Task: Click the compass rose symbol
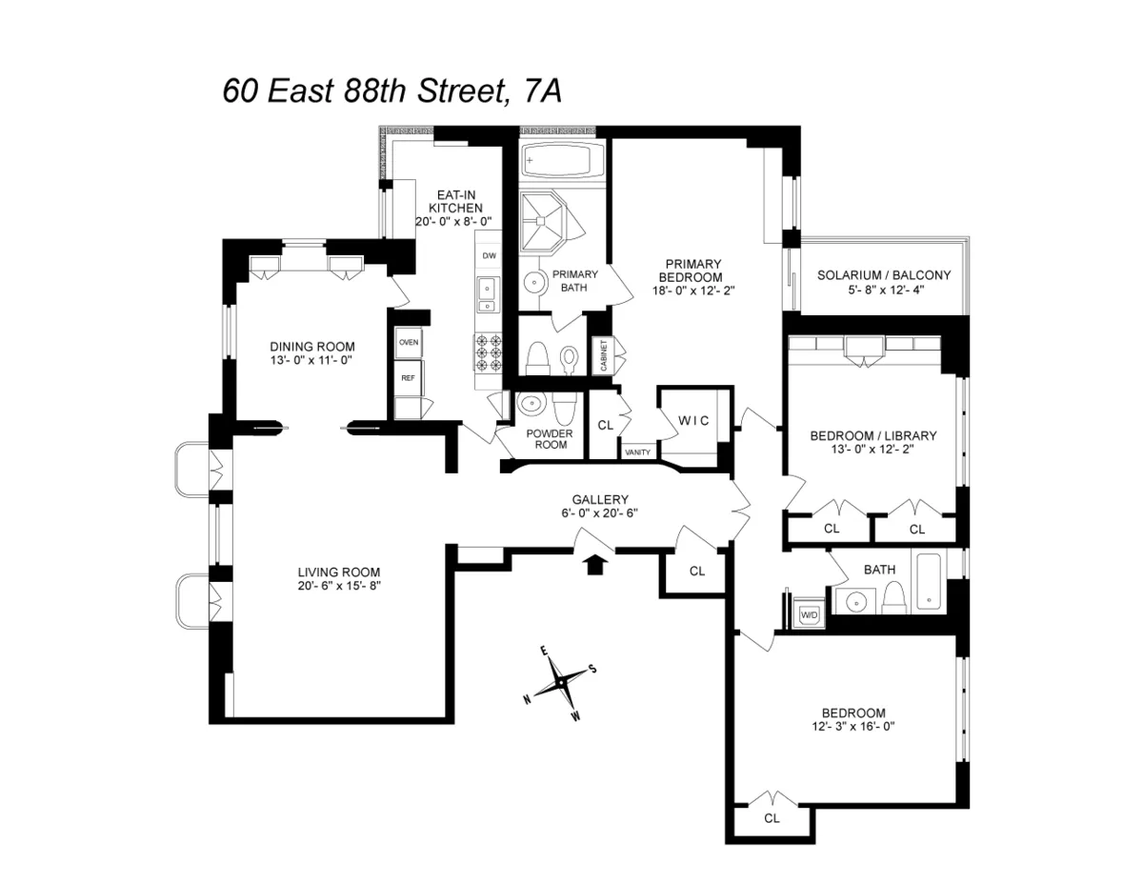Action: [561, 682]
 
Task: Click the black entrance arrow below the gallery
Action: [594, 565]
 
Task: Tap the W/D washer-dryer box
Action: [810, 614]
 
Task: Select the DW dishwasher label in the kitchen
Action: [489, 256]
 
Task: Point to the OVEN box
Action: [409, 341]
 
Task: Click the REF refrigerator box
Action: [408, 377]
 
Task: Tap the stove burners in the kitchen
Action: [488, 351]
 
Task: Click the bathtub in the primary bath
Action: [563, 159]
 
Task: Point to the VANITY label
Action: [637, 452]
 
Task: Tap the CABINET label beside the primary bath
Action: [603, 355]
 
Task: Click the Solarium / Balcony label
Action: [884, 276]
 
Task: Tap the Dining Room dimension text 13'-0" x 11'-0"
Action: [312, 361]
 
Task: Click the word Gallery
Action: [600, 499]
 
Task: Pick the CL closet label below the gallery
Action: [697, 571]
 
